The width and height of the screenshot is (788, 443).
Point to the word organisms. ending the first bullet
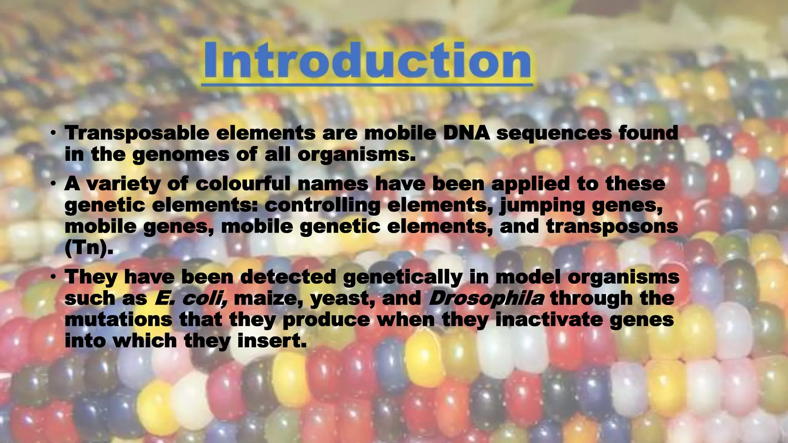click(x=357, y=155)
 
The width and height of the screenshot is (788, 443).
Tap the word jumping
click(x=542, y=206)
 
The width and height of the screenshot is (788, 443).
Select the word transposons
click(x=612, y=226)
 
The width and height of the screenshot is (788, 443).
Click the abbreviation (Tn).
click(x=89, y=248)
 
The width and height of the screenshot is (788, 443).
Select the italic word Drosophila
click(x=486, y=298)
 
